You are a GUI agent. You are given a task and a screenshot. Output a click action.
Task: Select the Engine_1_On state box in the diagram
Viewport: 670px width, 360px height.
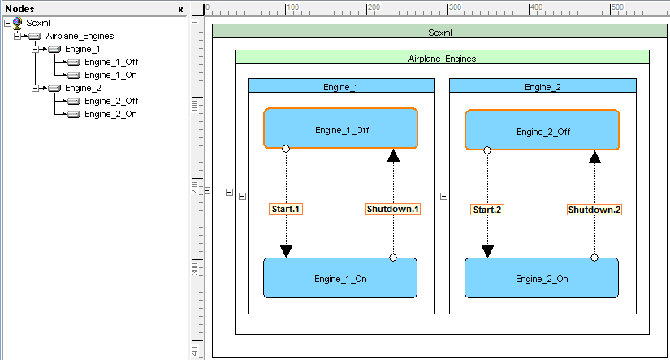coord(340,278)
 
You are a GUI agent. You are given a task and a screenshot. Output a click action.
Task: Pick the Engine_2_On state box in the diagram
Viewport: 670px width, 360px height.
coord(542,278)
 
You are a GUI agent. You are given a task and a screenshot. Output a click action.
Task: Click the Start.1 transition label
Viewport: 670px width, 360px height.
coord(286,209)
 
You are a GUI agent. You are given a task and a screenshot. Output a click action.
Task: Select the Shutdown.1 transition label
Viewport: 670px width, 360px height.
coord(393,209)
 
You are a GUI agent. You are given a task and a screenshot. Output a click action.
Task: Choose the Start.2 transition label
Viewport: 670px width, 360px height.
coord(487,210)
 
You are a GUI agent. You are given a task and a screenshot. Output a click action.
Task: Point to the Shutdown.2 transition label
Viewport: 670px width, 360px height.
coord(594,210)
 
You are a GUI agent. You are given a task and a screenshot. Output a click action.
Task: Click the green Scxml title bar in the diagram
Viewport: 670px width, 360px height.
coord(439,33)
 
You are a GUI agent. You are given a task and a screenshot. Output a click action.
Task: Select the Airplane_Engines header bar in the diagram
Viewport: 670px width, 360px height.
coord(442,59)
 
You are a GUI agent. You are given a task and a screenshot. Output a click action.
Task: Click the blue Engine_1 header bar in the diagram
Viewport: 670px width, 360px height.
coord(341,86)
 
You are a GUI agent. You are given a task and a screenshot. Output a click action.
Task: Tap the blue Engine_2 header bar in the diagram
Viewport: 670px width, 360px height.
coord(542,86)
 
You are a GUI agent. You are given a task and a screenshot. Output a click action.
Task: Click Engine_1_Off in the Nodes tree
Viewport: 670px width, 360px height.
coord(111,62)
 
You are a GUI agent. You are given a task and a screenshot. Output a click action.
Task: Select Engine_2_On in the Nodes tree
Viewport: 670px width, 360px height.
coord(110,114)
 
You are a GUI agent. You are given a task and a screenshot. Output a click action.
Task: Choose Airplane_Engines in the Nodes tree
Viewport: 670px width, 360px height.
coord(80,36)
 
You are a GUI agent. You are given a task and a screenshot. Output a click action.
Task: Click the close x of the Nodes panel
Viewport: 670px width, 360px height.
coord(180,9)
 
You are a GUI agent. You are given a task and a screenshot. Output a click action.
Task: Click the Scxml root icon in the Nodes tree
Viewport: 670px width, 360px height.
coord(19,23)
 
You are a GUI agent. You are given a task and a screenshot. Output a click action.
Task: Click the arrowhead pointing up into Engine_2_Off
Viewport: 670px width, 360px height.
coord(594,157)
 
